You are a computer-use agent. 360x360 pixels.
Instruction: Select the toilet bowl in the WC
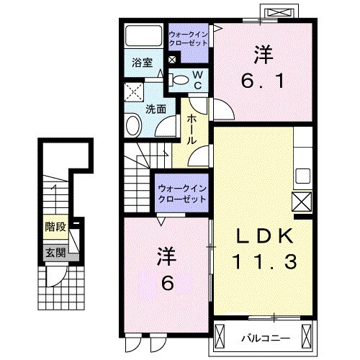coord(181,79)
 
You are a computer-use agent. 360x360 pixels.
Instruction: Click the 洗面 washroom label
coord(156,109)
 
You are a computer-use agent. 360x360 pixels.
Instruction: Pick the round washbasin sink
coord(134,126)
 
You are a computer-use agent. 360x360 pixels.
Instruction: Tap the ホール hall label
coord(193,129)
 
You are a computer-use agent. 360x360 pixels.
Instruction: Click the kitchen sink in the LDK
coord(302,176)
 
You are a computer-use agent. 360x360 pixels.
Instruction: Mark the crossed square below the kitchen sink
coord(302,200)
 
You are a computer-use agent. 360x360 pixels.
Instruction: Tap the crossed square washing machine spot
coord(133,91)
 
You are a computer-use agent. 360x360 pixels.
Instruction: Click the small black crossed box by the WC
coord(171,60)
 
